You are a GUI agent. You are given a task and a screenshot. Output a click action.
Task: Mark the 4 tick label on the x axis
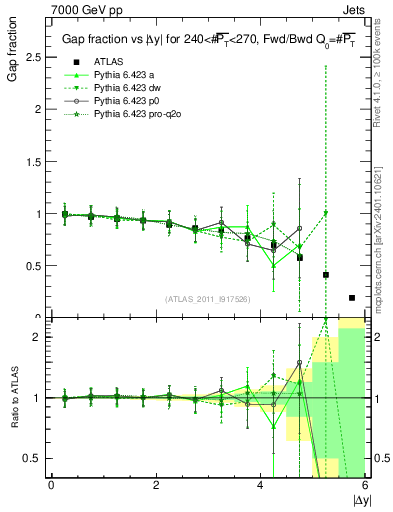[x=260, y=484]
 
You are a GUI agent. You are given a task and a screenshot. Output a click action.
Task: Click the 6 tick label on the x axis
[x=364, y=484]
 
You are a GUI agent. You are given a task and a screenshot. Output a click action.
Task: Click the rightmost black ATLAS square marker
[x=351, y=297]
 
